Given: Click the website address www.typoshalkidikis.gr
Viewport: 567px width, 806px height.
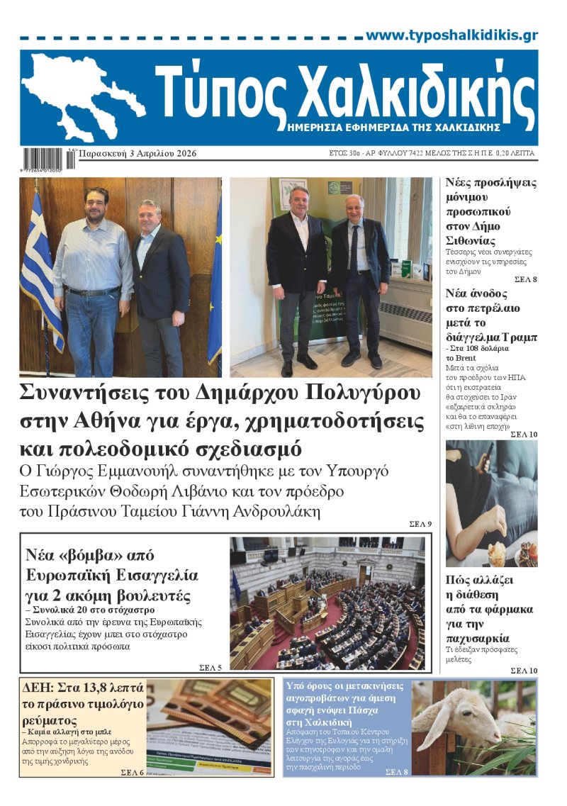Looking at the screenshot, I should point(451,35).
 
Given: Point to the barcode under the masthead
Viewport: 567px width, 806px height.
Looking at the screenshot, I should point(47,158).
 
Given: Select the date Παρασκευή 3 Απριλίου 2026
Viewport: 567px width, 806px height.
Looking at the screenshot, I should point(137,154).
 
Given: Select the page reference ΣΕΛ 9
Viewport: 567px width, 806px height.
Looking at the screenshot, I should point(420,524).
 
